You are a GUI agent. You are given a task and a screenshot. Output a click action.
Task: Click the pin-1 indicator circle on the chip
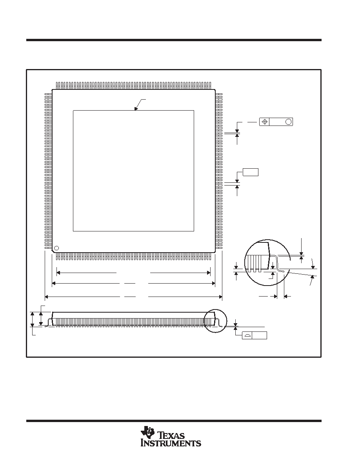(56, 248)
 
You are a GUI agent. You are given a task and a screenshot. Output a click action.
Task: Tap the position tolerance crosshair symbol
(265, 122)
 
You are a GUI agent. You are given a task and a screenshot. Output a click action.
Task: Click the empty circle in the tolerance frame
(288, 122)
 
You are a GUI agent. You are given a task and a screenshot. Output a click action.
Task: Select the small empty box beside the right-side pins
(251, 172)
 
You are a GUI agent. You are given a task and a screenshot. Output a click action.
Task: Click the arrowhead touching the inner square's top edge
(136, 109)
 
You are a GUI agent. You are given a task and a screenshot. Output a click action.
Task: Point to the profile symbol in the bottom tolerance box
(247, 335)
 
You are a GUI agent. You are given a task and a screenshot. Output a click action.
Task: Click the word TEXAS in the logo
(172, 436)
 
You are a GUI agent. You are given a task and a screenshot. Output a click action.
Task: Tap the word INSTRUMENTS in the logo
(171, 443)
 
